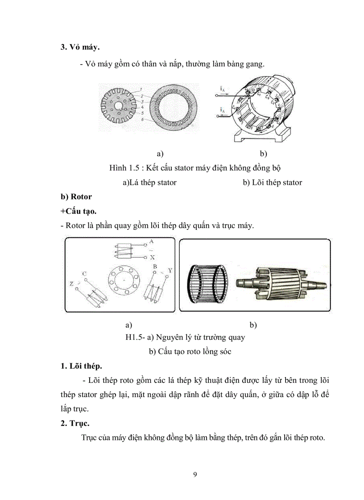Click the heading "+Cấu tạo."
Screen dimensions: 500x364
[79, 211]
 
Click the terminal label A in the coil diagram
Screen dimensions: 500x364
[152, 241]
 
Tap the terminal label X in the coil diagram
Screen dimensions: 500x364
[152, 257]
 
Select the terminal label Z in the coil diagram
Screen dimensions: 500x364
[71, 283]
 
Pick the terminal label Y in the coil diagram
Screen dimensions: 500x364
[170, 270]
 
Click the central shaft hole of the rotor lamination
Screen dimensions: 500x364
[116, 107]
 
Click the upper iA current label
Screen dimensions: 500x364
[222, 89]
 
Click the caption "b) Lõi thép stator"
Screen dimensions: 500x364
[272, 183]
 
